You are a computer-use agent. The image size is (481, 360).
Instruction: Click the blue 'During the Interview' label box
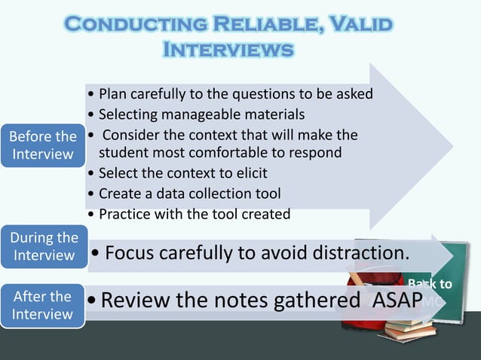pyautogui.click(x=44, y=246)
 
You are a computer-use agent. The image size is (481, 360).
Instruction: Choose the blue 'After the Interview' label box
pyautogui.click(x=42, y=304)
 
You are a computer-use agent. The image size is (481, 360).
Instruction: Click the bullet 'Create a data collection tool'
pyautogui.click(x=189, y=193)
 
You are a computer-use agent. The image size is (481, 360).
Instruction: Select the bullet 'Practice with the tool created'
pyautogui.click(x=193, y=214)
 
